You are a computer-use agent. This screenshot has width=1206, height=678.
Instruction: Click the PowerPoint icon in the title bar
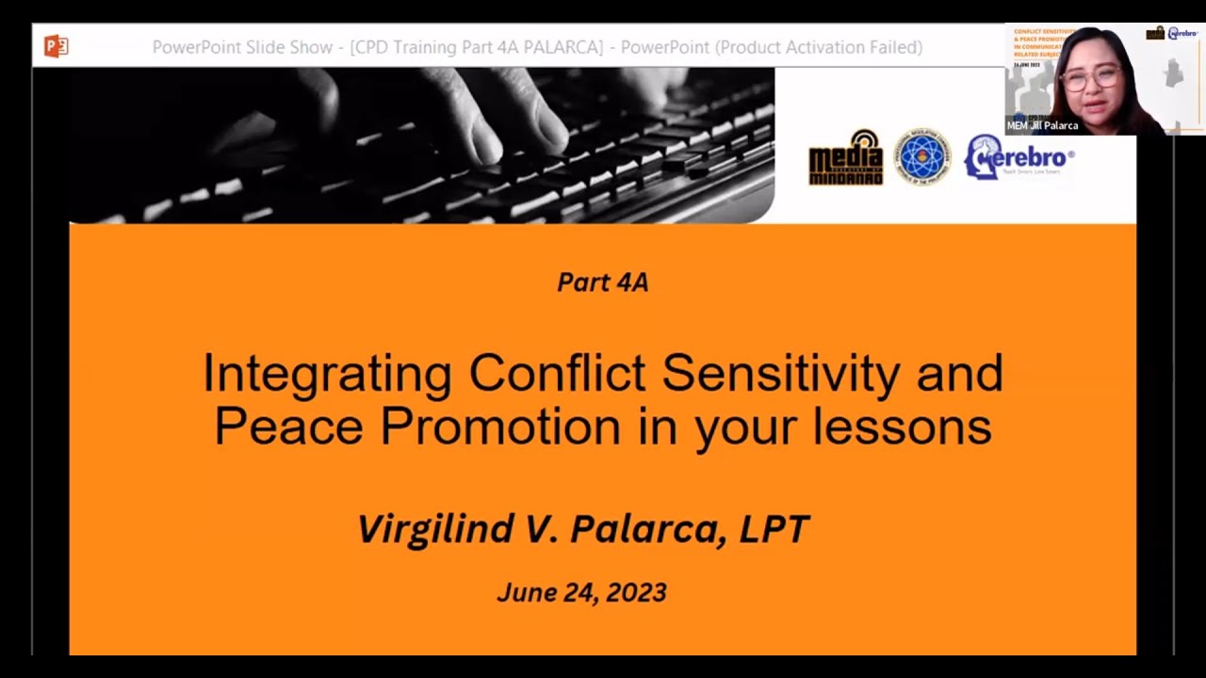pos(56,46)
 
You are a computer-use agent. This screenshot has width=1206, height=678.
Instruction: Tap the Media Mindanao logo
pos(845,157)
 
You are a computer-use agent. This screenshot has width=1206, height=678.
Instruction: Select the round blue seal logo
pos(922,157)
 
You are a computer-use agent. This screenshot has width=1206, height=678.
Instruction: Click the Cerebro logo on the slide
pos(1019,156)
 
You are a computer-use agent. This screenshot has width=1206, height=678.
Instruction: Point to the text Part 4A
pos(603,282)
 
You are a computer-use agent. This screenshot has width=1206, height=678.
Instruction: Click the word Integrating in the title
pos(327,375)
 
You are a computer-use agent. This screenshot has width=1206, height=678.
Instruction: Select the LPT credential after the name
pos(774,529)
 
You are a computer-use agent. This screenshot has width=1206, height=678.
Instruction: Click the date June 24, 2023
pos(581,592)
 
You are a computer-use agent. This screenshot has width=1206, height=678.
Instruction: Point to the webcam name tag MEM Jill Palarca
pos(1042,125)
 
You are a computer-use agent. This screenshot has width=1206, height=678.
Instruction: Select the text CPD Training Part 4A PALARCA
pos(477,47)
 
